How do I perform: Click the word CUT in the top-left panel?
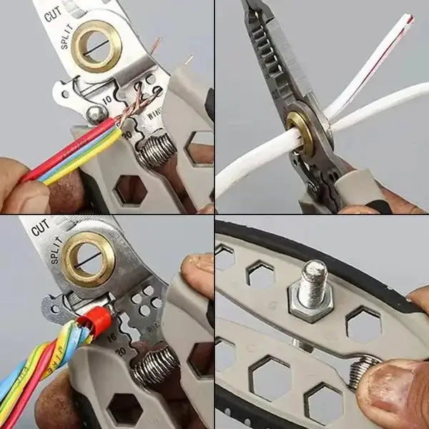tap(52, 13)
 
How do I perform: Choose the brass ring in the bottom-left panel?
tap(88, 259)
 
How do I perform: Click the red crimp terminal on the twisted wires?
tap(99, 321)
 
